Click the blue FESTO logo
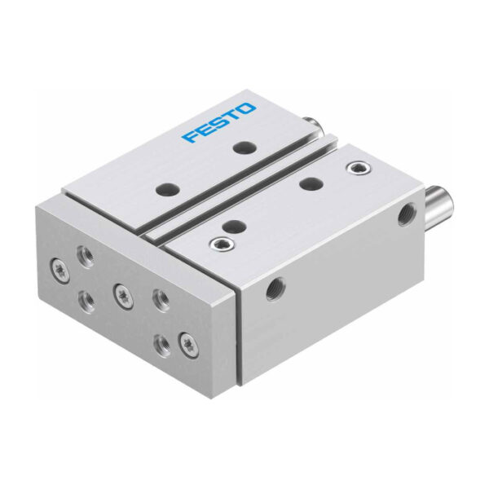pos(219,122)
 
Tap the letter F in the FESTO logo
pos(190,136)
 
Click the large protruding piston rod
pos(438,204)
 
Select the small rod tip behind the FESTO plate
pos(312,124)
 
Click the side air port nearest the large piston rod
pos(407,214)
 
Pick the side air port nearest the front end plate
pos(275,289)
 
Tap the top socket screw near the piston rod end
pos(359,169)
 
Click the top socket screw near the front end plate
pos(222,241)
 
